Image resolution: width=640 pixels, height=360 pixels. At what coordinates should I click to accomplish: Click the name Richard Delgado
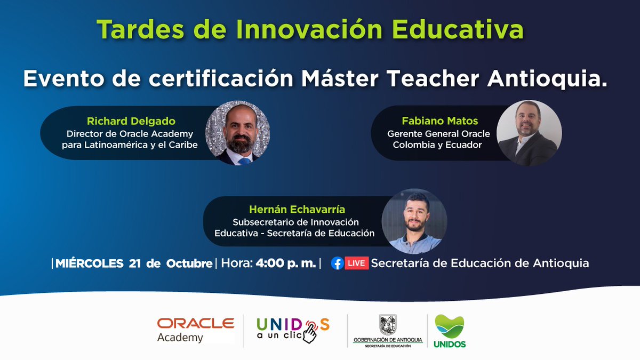[131, 121]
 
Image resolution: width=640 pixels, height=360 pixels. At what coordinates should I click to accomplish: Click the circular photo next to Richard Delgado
[238, 133]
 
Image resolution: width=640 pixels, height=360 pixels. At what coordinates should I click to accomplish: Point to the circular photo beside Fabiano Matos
[529, 133]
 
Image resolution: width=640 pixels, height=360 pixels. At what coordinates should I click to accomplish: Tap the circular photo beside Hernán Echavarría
[414, 221]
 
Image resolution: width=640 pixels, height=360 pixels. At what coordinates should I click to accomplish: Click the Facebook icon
[337, 263]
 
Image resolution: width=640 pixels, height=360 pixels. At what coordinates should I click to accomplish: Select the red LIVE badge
[357, 263]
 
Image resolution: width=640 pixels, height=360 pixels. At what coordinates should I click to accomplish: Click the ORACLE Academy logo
[195, 330]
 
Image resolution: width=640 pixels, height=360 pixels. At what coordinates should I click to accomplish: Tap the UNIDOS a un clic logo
[293, 330]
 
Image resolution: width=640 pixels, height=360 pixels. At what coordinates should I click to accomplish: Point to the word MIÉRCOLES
[89, 263]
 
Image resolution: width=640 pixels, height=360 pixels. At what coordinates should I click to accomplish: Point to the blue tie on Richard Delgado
[244, 161]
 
